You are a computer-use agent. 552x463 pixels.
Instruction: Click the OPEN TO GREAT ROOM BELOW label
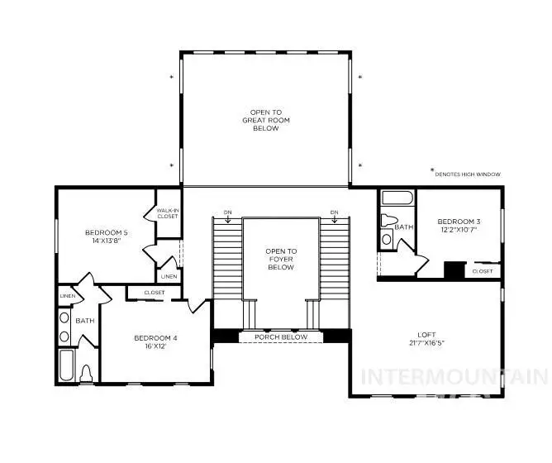(266, 120)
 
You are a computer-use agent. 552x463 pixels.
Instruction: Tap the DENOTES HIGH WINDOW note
(468, 174)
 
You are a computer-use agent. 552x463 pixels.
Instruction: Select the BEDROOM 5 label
(107, 232)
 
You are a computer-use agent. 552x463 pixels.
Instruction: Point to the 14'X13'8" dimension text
(107, 241)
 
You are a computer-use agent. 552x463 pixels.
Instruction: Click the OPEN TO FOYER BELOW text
(281, 260)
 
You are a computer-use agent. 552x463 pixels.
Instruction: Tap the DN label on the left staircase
(227, 213)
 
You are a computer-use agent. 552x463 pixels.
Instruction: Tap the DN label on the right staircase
(334, 213)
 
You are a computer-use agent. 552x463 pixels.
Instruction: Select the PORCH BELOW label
(281, 337)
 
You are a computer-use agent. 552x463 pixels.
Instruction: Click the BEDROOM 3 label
(459, 222)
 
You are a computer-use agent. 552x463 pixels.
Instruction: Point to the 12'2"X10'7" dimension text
(459, 231)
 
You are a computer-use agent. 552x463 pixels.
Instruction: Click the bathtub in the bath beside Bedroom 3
(397, 199)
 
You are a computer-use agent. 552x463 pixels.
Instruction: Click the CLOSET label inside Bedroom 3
(483, 270)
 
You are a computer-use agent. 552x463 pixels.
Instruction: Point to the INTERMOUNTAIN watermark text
(454, 378)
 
